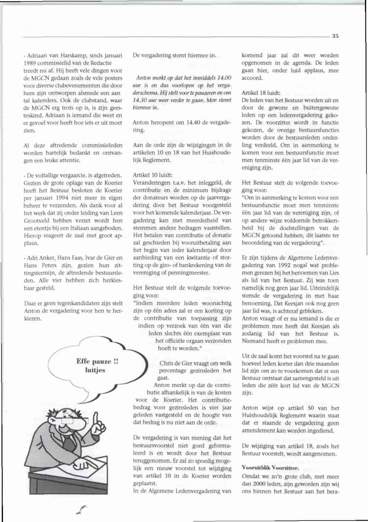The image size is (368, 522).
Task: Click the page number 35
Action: (335, 36)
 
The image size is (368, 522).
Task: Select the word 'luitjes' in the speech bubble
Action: (95, 370)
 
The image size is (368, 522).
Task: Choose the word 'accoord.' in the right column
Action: (252, 78)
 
